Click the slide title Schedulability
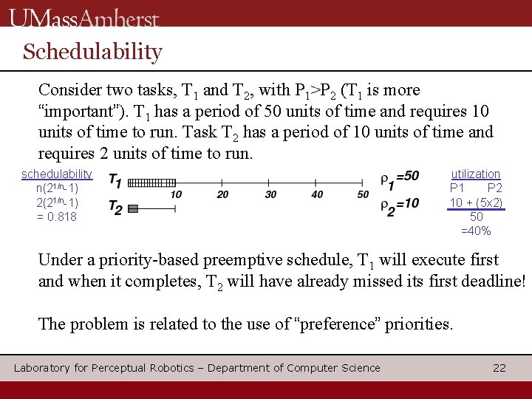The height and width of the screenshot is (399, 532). (x=92, y=52)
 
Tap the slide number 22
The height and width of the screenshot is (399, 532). (x=499, y=367)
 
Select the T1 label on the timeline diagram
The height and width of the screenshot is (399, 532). (x=115, y=181)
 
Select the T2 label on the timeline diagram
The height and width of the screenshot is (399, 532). (x=115, y=209)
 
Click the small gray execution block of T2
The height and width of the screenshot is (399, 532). (x=133, y=209)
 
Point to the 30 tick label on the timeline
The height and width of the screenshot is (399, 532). (x=270, y=194)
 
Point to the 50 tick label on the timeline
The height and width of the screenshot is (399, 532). (x=364, y=194)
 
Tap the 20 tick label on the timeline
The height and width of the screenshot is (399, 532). (x=223, y=194)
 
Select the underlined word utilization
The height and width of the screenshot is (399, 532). (x=476, y=174)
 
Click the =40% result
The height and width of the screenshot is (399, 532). (x=476, y=231)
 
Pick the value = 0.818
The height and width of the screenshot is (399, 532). (x=57, y=216)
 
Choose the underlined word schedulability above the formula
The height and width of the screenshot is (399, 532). (x=57, y=174)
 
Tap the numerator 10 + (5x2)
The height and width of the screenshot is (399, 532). (x=476, y=202)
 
